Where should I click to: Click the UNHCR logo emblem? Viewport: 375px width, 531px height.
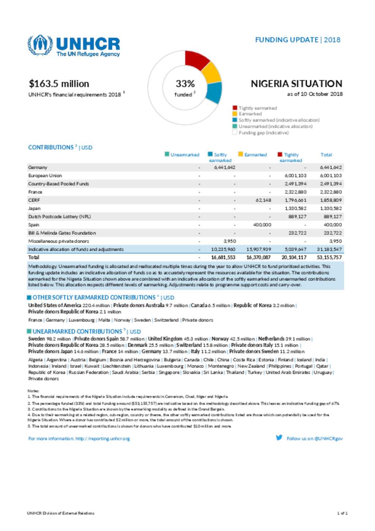pos(40,45)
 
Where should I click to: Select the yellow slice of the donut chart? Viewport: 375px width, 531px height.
pos(211,73)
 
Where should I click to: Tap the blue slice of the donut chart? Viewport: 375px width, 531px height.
pos(214,92)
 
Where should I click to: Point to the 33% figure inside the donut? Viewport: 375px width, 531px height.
pos(185,84)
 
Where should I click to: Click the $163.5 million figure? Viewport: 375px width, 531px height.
pos(59,84)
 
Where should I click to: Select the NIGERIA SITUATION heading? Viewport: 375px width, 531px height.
pos(296,84)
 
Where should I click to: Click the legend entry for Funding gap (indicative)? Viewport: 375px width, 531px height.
pos(263,133)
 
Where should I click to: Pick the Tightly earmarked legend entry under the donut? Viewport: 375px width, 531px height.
pos(257,108)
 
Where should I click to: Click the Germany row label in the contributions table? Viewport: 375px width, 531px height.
pos(38,167)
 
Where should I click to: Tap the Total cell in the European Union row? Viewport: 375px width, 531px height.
pos(331,176)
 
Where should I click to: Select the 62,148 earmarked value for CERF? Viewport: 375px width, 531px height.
pos(263,200)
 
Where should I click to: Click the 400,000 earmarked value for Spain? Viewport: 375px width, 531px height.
pos(262,225)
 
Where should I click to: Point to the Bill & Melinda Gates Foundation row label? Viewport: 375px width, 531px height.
pos(62,233)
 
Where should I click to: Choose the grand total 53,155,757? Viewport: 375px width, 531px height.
pos(329,257)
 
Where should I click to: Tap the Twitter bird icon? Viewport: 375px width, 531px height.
pos(279,438)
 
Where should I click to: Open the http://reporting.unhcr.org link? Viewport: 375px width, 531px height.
pos(103,439)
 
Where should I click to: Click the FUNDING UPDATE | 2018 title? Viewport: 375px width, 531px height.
pos(298,40)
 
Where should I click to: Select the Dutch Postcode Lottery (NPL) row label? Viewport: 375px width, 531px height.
pos(59,217)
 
